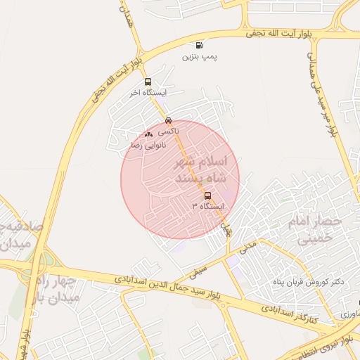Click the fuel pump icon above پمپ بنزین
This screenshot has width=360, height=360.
point(200,44)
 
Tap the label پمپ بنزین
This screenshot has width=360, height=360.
point(200,56)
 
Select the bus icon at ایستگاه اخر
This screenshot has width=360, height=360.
point(147,82)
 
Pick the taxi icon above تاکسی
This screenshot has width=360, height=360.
point(167,120)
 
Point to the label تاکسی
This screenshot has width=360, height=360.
point(168,131)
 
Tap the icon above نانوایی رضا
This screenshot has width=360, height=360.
point(148,134)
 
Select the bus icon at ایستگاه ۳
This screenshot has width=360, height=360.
point(207,196)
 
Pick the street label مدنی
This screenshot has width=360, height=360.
point(248,245)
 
